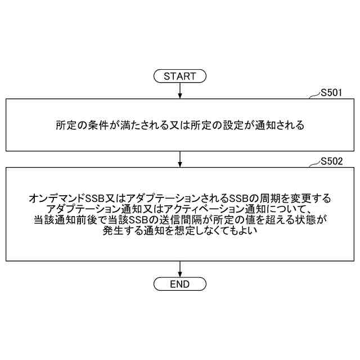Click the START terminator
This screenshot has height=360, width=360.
(179, 76)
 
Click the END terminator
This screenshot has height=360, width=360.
(179, 284)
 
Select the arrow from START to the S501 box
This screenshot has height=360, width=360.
(179, 90)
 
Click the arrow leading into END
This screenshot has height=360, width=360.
(179, 269)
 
